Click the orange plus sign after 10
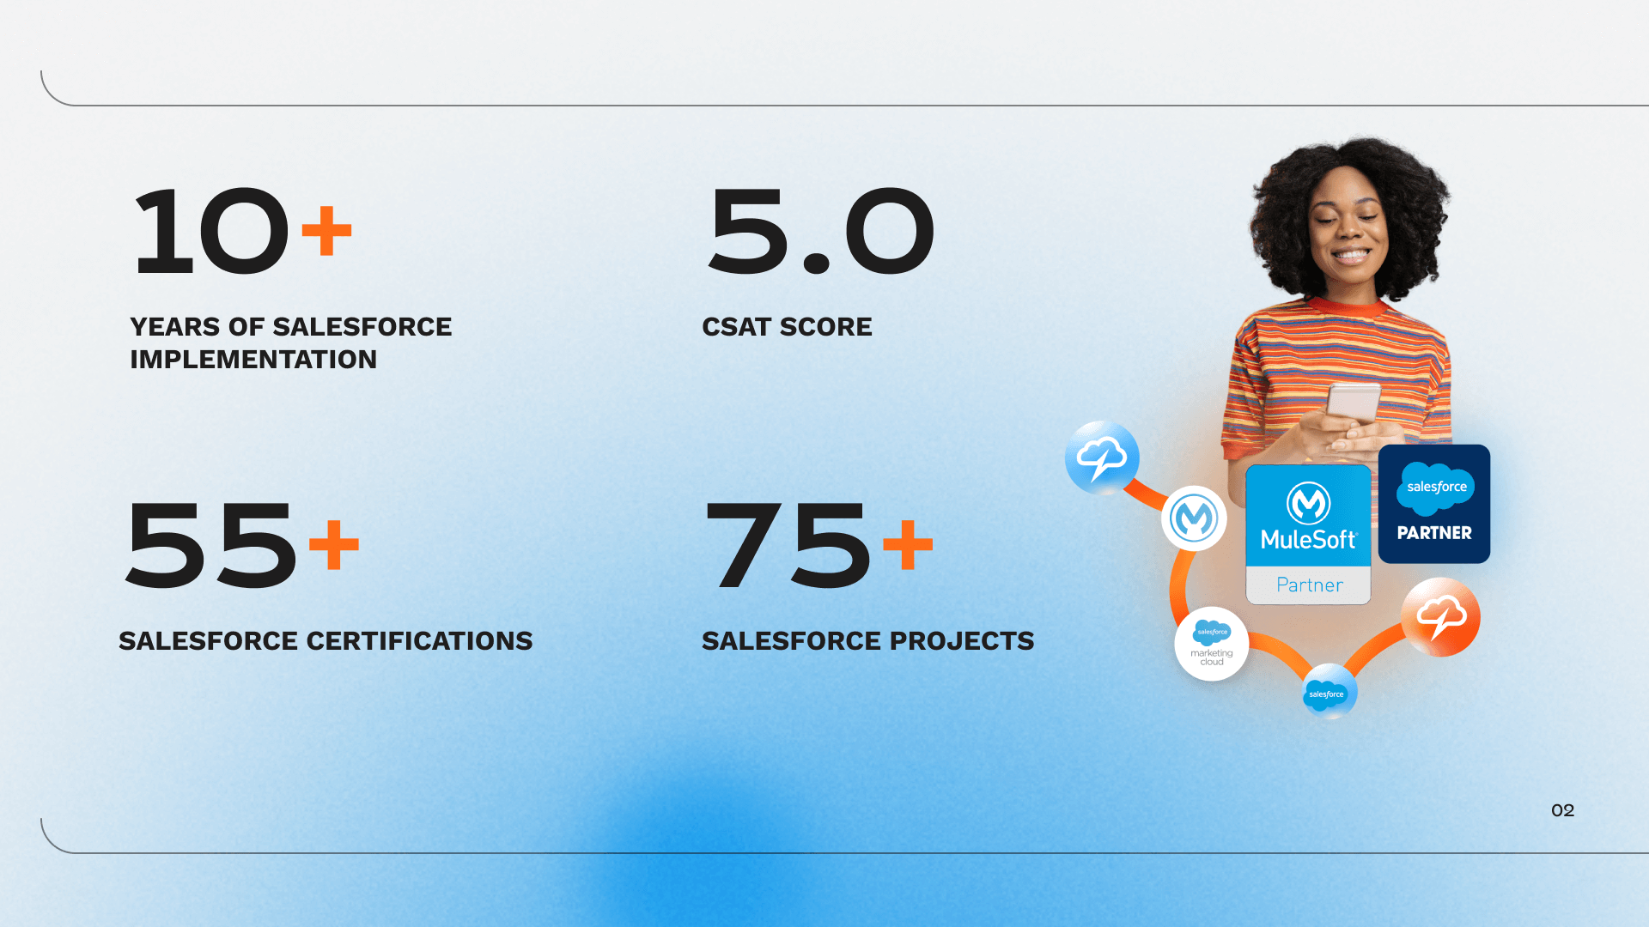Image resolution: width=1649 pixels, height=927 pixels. point(326,230)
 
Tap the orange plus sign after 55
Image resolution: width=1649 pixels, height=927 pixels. point(334,544)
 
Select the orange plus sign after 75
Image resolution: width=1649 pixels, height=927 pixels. point(908,544)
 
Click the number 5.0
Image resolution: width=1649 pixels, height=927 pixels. point(821,231)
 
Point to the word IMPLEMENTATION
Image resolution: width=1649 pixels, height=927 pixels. point(253,360)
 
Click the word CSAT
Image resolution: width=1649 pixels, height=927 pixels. point(736,327)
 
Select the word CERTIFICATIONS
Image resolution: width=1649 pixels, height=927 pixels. point(419,641)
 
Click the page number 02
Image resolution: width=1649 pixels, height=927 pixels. point(1562,810)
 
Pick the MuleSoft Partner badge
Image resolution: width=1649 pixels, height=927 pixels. point(1308,534)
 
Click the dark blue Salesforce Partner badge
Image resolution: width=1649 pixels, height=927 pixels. point(1434,504)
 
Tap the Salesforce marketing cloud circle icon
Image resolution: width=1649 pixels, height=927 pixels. point(1212,644)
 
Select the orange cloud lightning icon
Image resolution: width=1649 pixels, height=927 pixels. point(1441,617)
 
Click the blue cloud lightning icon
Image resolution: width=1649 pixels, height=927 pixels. point(1102,457)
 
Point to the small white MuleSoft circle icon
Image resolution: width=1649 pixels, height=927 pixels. point(1194,518)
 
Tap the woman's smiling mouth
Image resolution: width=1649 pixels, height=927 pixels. point(1350,255)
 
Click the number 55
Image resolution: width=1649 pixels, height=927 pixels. point(211,546)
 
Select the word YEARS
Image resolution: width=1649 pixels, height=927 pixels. point(175,327)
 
